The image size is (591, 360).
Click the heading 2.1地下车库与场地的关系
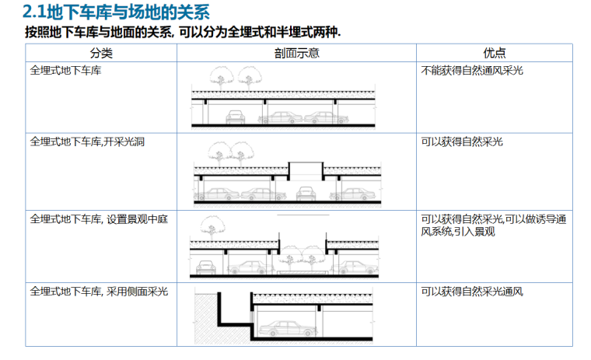pos(116,12)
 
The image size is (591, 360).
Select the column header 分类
pos(101,53)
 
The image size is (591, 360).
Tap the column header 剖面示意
pos(296,53)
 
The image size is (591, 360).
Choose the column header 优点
pos(494,53)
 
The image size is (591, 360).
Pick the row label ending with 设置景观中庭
pos(99,219)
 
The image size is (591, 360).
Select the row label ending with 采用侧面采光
pos(99,292)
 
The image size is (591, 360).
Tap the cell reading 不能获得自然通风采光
pos(472,70)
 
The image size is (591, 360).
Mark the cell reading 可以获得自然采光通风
pos(472,292)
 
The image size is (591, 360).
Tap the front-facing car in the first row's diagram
pos(233,117)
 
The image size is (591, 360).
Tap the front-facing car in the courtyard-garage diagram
pos(205,267)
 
